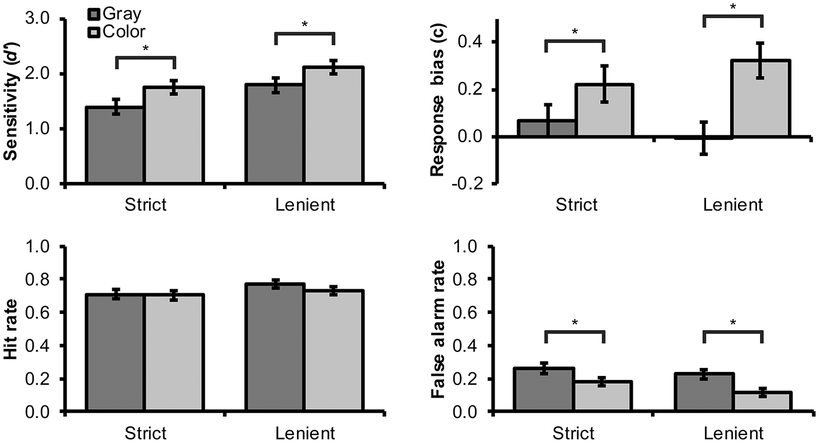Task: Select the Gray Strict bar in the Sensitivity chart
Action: click(115, 146)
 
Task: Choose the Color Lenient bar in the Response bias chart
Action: click(761, 99)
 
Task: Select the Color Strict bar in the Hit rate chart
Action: click(173, 353)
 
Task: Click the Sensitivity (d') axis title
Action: click(10, 101)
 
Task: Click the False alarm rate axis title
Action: click(439, 329)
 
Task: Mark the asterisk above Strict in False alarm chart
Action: click(575, 323)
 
